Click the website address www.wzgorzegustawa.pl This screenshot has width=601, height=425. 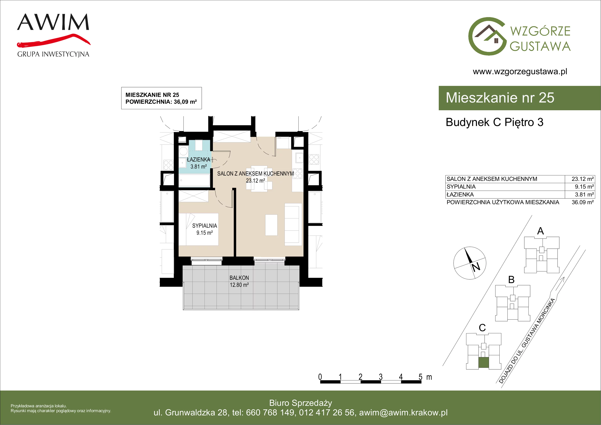point(520,72)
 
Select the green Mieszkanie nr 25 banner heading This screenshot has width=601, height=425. point(500,98)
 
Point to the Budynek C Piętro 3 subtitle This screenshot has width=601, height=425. point(495,122)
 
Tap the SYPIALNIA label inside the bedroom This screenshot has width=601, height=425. point(205,226)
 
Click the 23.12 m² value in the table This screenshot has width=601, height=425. point(583,179)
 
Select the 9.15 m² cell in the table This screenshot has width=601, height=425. point(584,186)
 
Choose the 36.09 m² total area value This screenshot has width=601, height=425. point(583,202)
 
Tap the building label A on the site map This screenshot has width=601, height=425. point(541,231)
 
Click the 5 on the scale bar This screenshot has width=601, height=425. point(420,377)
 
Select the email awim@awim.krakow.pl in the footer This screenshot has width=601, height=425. point(403,413)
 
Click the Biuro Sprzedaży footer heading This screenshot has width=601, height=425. point(300,403)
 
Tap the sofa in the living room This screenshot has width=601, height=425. point(293,225)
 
